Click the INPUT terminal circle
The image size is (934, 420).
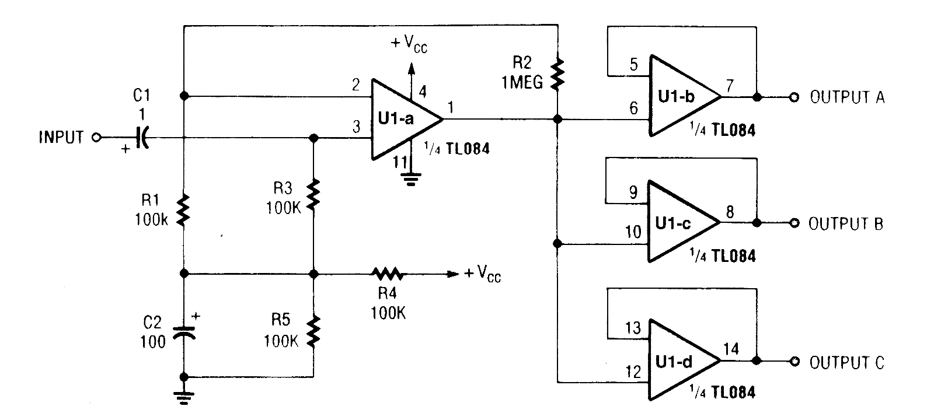tap(97, 138)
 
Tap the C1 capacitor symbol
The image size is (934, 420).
tap(142, 138)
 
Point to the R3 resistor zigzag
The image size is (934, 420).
tap(313, 194)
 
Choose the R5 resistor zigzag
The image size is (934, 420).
tap(313, 330)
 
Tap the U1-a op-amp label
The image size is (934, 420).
tap(395, 119)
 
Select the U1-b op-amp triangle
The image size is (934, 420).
tap(680, 96)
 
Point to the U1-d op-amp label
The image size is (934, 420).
tap(674, 362)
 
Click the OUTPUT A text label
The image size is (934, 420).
tap(847, 97)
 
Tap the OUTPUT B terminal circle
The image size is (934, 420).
tap(793, 223)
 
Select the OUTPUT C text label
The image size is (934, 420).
tap(846, 362)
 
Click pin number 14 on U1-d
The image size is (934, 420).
tap(730, 349)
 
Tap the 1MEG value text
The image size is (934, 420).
tap(521, 83)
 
